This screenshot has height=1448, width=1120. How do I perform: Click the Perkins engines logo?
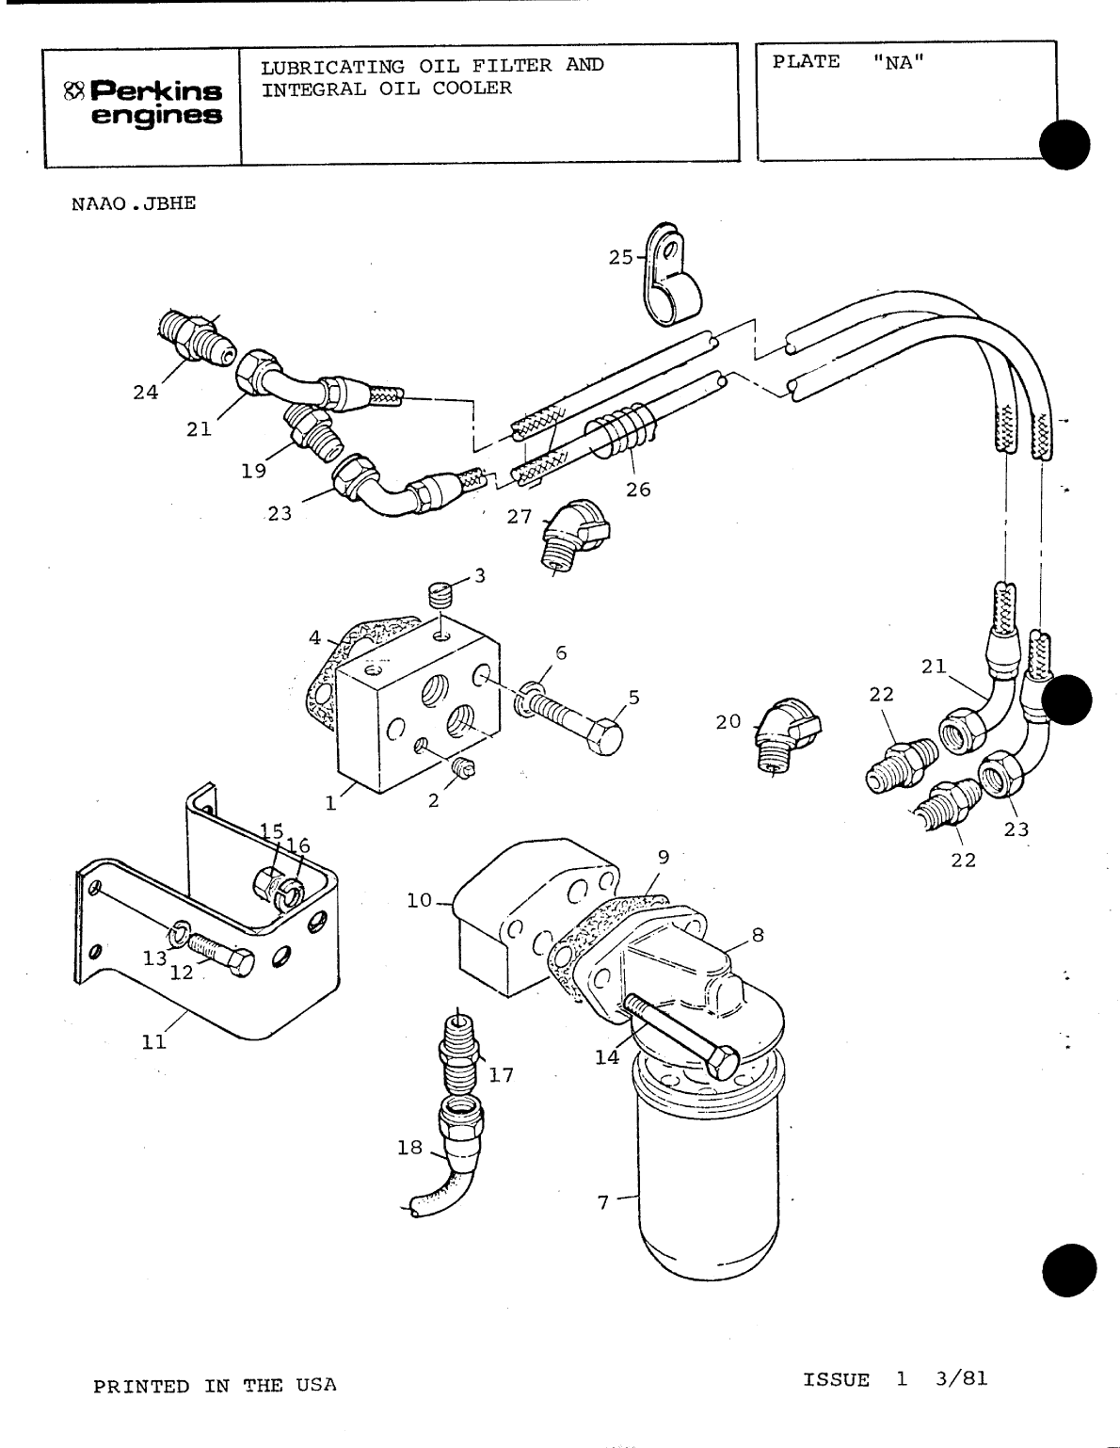(143, 104)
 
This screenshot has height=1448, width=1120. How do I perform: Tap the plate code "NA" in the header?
(899, 62)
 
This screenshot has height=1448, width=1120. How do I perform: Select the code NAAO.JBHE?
(134, 202)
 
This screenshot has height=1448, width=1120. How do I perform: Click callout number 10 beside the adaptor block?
(419, 901)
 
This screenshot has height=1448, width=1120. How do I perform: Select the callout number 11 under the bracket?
(153, 1041)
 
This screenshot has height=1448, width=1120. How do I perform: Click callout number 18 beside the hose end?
(409, 1149)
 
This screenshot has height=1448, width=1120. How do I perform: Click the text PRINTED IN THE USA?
(214, 1386)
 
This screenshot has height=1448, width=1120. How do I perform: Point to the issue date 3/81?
(962, 1379)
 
